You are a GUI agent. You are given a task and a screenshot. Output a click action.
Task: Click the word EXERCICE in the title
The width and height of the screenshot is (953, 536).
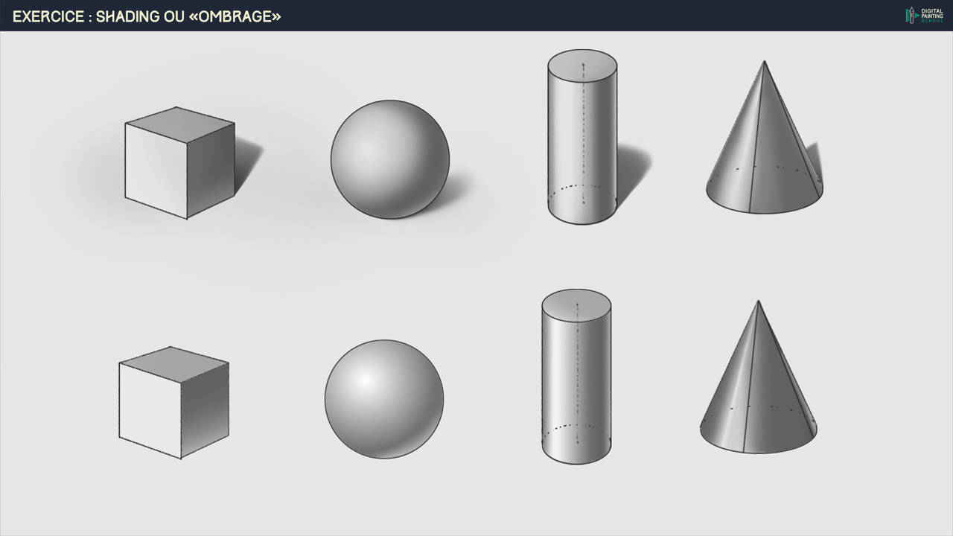[48, 16]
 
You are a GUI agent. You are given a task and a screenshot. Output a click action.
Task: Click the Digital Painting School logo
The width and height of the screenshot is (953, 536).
[924, 16]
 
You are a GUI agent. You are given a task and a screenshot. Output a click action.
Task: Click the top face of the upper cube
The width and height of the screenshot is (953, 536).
[179, 124]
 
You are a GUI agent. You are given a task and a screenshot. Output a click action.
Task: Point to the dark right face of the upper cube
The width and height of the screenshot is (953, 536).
[211, 171]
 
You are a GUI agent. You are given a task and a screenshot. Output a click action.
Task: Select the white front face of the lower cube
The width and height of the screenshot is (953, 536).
[150, 410]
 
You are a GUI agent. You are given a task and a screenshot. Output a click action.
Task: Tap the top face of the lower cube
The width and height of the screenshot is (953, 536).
[173, 364]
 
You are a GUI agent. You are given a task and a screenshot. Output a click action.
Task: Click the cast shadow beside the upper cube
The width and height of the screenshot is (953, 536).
[248, 164]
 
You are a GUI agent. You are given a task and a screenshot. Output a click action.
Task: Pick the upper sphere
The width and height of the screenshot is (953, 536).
[390, 159]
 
